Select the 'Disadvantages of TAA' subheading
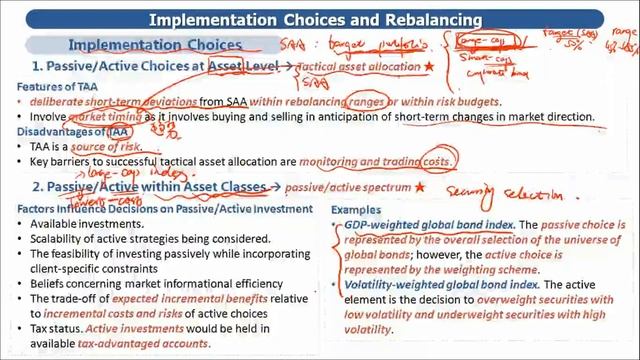[64, 131]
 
